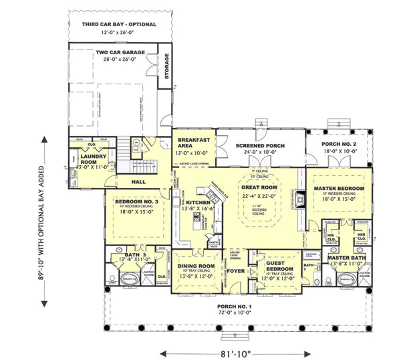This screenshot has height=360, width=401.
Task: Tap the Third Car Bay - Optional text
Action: click(x=119, y=25)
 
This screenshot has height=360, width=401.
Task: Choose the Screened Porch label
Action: click(x=261, y=145)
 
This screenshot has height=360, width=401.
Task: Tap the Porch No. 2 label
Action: click(x=336, y=145)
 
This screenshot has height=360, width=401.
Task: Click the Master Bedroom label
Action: click(x=340, y=189)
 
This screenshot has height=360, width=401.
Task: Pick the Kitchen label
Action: click(x=198, y=202)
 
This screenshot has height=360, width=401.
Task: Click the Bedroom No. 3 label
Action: click(x=136, y=202)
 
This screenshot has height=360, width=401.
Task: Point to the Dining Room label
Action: click(x=196, y=266)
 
